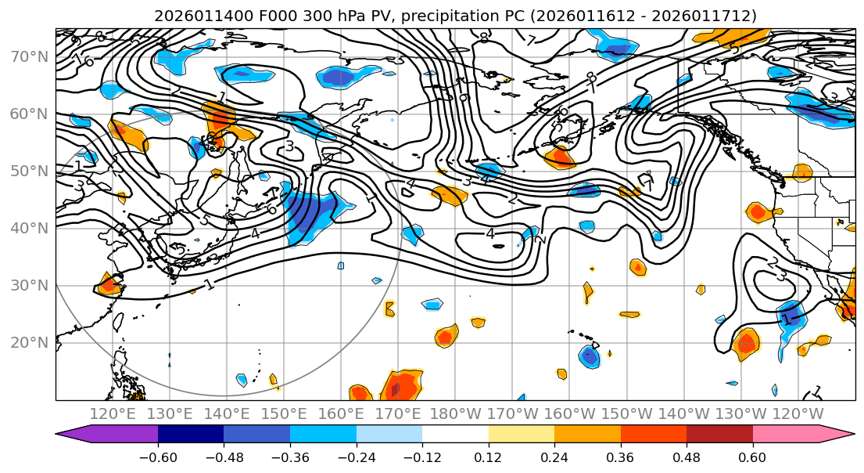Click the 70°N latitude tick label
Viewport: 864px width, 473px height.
(x=30, y=56)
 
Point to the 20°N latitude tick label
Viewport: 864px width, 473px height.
(x=30, y=342)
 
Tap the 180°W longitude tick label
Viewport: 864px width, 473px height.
(x=459, y=413)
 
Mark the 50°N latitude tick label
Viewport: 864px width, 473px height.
(x=30, y=171)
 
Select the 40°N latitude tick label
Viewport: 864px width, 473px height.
(x=30, y=228)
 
